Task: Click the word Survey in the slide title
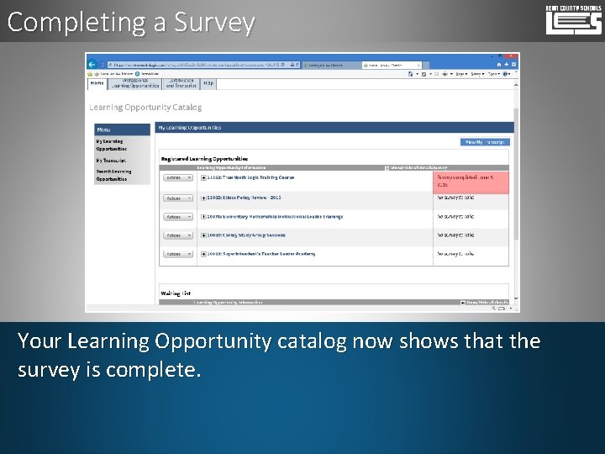coord(213,23)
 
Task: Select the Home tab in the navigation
coord(97,83)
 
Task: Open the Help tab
coord(208,83)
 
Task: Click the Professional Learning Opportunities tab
coord(135,83)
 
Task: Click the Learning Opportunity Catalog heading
coord(145,108)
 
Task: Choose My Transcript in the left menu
coord(111,160)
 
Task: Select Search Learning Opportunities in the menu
coord(113,175)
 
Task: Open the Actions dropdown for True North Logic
coord(177,178)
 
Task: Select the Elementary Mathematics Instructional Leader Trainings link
coord(275,217)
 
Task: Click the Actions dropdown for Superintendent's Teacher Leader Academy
coord(177,254)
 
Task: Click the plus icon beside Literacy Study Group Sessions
coord(204,235)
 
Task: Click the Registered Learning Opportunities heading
coord(204,158)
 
